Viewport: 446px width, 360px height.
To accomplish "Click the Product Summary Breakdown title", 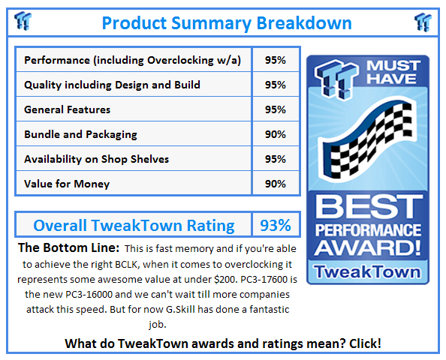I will (226, 22).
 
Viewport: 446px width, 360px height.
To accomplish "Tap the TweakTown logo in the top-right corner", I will (423, 22).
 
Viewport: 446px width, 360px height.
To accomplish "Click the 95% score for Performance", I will (275, 60).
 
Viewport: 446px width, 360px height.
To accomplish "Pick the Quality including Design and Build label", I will (112, 85).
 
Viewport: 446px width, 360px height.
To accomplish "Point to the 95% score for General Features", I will (275, 109).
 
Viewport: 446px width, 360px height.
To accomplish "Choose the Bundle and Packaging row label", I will (80, 134).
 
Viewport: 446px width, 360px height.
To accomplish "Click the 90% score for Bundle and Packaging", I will (275, 134).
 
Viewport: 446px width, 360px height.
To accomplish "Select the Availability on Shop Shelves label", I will (96, 159).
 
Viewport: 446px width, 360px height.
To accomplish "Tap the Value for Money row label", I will (67, 184).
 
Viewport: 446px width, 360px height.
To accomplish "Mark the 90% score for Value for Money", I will (275, 184).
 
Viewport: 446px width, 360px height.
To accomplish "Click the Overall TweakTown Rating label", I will (134, 225).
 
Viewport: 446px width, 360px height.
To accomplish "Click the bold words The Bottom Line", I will (68, 247).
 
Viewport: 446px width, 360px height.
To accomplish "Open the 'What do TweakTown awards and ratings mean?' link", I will (223, 343).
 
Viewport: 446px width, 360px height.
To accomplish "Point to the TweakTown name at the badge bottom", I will (367, 271).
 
